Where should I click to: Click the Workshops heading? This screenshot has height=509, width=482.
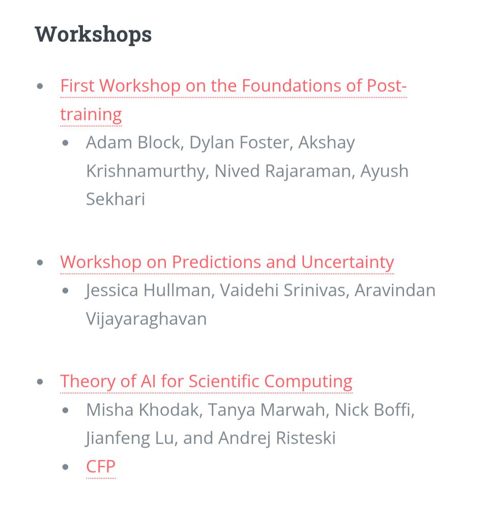[x=93, y=35]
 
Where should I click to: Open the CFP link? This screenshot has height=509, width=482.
[x=101, y=466]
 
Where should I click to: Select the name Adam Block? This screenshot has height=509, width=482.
[x=133, y=143]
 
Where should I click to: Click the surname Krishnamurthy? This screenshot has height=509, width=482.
[x=146, y=172]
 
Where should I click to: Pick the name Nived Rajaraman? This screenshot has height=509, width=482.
[x=282, y=171]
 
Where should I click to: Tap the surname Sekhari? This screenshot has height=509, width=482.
[x=115, y=199]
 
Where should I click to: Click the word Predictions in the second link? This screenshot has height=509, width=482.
[x=216, y=262]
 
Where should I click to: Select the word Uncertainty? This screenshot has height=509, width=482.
[x=347, y=262]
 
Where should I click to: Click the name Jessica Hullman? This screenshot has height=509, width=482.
[x=148, y=290]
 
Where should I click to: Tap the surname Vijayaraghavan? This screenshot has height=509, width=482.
[x=146, y=319]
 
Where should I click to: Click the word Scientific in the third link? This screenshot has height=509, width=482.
[x=224, y=381]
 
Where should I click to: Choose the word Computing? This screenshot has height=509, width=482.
[x=308, y=382]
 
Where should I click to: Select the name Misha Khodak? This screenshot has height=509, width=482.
[x=143, y=410]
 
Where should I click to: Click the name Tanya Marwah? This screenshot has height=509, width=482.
[x=266, y=410]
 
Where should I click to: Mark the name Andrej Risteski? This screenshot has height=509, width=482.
[x=276, y=438]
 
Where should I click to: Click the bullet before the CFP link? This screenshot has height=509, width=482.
[x=65, y=467]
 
